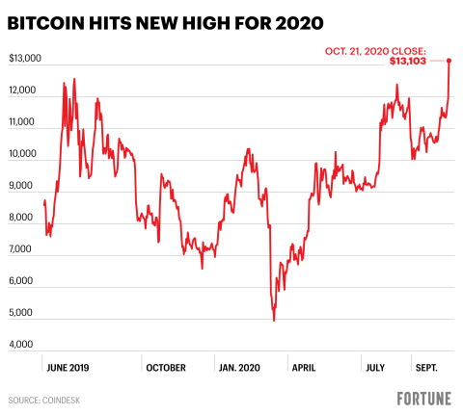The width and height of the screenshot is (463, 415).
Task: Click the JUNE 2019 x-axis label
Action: pos(68,367)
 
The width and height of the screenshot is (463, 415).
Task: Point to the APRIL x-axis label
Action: pos(305,367)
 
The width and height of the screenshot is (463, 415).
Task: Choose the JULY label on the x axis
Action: pos(376,367)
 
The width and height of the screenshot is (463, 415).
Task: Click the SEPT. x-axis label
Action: pos(427,367)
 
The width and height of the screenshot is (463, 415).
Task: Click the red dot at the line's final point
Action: pos(449,61)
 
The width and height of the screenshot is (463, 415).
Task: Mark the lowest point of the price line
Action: pos(274,320)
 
